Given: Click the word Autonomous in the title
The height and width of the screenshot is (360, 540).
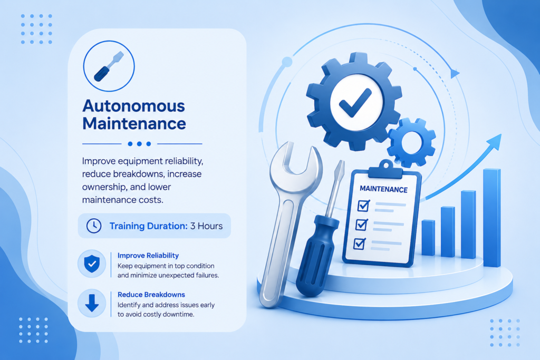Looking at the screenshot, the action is [133, 106].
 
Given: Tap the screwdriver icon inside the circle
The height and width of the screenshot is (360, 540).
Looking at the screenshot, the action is [109, 66].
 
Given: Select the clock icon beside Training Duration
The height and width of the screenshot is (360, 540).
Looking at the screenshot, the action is [94, 226].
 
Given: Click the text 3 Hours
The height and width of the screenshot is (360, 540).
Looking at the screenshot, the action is [206, 226].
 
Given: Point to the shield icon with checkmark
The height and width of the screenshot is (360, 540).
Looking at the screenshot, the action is [92, 264].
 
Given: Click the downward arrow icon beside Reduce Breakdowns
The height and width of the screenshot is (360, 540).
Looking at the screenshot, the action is [92, 303].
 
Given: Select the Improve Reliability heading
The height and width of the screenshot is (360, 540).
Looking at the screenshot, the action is [148, 255].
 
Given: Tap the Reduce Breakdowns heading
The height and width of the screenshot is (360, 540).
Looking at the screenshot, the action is [151, 295].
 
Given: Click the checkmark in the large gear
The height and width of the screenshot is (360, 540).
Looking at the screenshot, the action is [355, 102].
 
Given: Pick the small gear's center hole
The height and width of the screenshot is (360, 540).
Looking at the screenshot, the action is [411, 142].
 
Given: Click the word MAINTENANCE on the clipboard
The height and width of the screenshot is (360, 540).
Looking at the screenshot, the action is [383, 189].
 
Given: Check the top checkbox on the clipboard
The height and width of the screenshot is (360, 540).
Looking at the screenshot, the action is [364, 206].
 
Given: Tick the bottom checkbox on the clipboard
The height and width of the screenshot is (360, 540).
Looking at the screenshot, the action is [360, 244].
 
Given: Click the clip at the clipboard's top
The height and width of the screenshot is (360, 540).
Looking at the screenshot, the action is [385, 169].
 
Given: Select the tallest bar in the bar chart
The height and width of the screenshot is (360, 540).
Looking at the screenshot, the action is [492, 218].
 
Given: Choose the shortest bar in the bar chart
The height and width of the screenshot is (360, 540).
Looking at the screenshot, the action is [428, 238].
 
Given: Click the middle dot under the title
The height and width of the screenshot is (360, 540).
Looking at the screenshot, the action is [139, 144].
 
